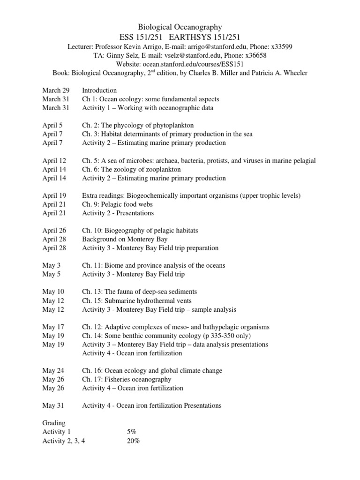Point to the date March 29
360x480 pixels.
(x=55, y=90)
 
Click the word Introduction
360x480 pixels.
(x=99, y=90)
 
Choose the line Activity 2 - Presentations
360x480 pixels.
(x=118, y=213)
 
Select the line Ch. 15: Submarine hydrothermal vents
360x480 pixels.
(x=136, y=300)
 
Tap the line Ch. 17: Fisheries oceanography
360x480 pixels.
(x=127, y=379)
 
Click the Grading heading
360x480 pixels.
(x=54, y=423)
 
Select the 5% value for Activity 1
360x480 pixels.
(x=131, y=432)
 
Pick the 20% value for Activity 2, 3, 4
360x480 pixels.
(x=133, y=441)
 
